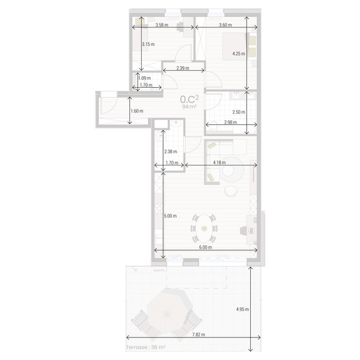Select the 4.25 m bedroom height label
coord(238,54)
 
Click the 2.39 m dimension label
coord(183,69)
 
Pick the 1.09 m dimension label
coord(144,78)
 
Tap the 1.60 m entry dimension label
coord(137,111)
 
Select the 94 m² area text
coord(189,107)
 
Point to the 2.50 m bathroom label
coord(238,112)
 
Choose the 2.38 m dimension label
coord(171,152)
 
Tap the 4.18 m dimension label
coord(219,163)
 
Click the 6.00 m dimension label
coord(206,247)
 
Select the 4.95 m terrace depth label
coord(243,309)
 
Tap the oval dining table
coord(205,228)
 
